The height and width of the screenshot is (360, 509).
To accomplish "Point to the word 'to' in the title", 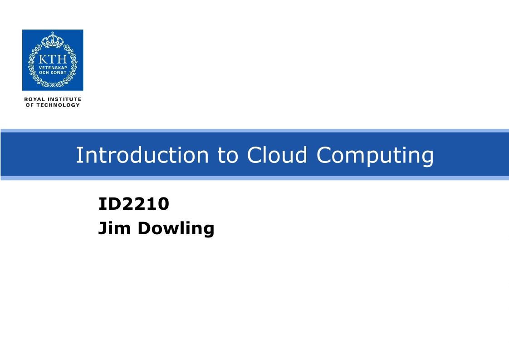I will click(x=227, y=156).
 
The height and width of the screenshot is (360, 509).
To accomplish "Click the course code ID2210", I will click(x=134, y=204).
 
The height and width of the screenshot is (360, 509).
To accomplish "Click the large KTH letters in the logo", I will click(x=53, y=59).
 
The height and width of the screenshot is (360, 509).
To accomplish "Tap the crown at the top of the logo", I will click(x=53, y=41).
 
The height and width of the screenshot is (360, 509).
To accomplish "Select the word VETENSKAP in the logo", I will click(x=53, y=68).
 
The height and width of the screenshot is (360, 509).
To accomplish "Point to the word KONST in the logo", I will click(x=59, y=73).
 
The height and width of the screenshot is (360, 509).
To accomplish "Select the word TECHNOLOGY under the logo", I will click(x=58, y=105).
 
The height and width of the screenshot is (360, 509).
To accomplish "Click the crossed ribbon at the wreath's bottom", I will click(x=53, y=84).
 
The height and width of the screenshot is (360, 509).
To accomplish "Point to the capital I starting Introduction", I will click(x=78, y=155).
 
